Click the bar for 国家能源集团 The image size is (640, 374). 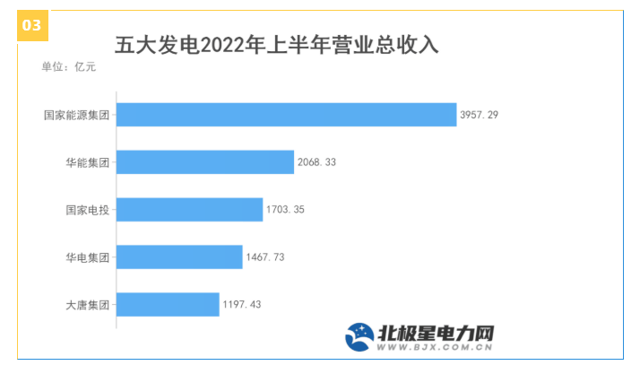(287, 115)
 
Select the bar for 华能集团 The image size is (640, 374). (205, 162)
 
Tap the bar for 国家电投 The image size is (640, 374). (189, 210)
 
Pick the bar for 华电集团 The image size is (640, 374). (179, 257)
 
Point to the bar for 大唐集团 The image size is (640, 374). (168, 305)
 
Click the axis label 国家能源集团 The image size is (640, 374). (76, 115)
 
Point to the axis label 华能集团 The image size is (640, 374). (88, 162)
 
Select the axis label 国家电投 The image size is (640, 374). (88, 210)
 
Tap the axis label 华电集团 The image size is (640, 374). (88, 257)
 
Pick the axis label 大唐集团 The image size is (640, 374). (88, 305)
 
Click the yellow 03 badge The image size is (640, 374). (31, 25)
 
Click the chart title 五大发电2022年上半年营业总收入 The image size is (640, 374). (276, 45)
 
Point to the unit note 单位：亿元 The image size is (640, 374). (68, 66)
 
